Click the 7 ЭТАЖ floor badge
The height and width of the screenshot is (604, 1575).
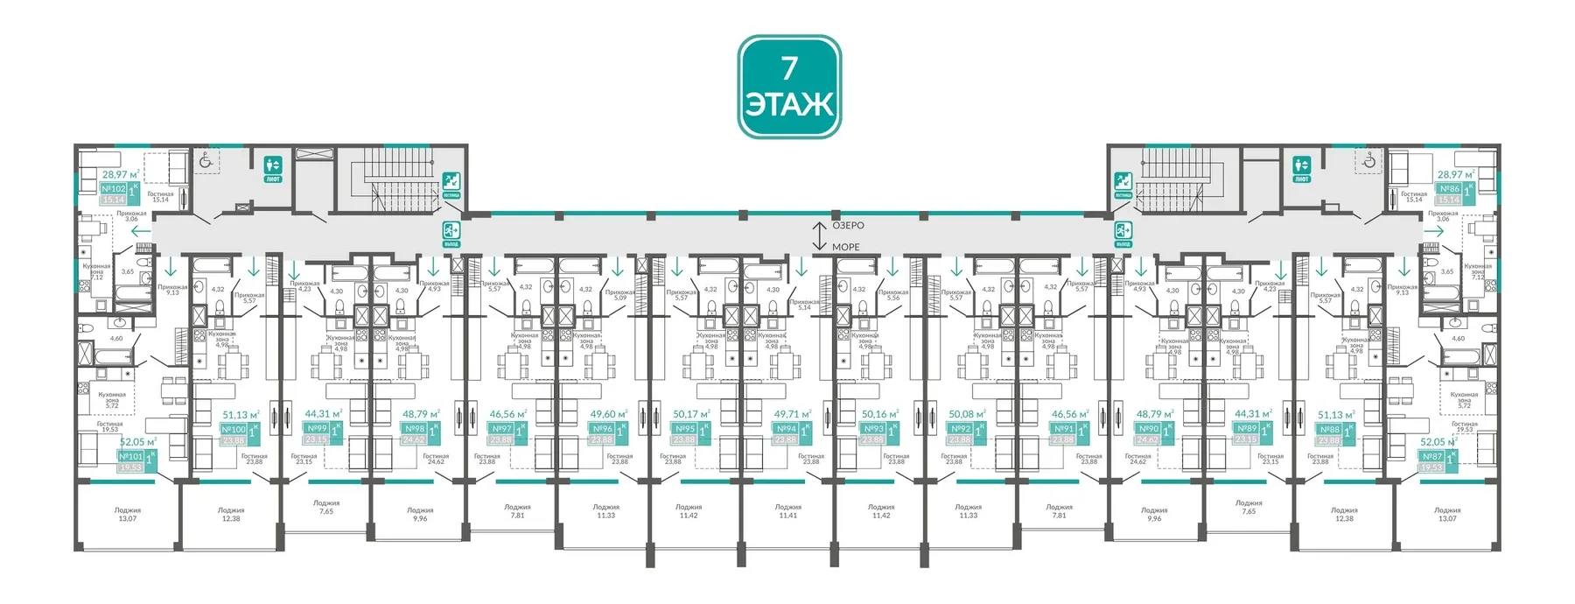click(x=789, y=87)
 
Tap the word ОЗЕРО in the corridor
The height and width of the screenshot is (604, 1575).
click(x=847, y=226)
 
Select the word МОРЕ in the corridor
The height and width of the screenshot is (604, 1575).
click(x=845, y=247)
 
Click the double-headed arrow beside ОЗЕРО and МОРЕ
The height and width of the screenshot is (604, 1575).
click(x=819, y=235)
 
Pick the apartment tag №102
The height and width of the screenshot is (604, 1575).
click(x=114, y=189)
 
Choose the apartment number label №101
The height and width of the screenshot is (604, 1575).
click(x=130, y=457)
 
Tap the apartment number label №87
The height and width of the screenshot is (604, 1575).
click(x=1432, y=457)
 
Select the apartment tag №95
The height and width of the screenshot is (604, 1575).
click(x=684, y=429)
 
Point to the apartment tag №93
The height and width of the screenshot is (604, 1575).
click(x=873, y=429)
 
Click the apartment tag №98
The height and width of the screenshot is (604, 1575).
click(x=414, y=429)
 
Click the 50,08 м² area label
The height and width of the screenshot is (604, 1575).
click(x=967, y=414)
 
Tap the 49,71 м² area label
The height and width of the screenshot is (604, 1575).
click(x=793, y=414)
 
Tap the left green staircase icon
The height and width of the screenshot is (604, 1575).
click(x=451, y=183)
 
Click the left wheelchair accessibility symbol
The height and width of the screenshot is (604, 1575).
click(x=206, y=160)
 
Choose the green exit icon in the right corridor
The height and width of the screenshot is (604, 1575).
click(x=1123, y=233)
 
